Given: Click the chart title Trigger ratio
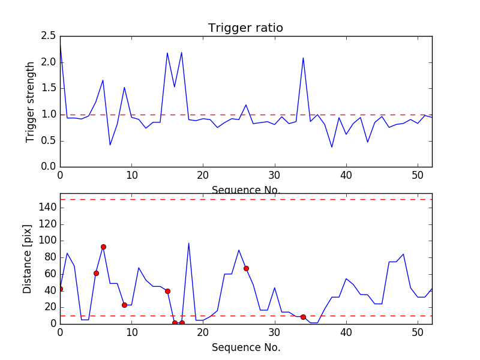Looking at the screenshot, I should (245, 28).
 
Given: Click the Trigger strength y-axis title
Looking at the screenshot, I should (31, 101).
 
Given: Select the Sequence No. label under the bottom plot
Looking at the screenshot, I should (245, 347).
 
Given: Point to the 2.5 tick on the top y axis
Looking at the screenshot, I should (48, 36).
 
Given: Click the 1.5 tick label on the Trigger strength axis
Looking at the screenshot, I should (48, 88).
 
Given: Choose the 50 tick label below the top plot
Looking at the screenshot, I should (418, 176).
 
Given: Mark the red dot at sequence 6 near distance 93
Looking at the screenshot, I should (103, 247).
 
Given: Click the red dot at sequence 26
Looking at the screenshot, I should (246, 268).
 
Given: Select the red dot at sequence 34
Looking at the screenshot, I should (303, 317).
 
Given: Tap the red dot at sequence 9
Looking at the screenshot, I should (124, 305).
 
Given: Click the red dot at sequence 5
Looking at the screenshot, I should (96, 273).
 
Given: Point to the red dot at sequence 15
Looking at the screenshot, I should (167, 291).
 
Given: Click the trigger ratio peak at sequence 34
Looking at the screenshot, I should (303, 58).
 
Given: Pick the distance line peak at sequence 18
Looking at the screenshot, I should (189, 243).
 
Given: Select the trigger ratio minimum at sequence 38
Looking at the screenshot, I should (332, 147).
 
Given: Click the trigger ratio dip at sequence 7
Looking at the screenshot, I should (110, 145).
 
